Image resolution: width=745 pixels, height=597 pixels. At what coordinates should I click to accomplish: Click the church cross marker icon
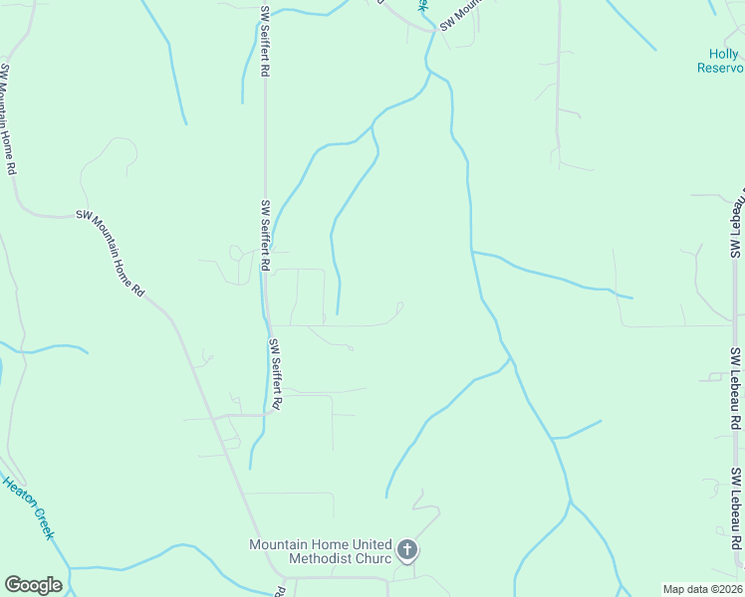(x=406, y=549)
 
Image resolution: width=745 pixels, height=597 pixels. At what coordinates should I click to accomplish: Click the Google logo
(x=33, y=584)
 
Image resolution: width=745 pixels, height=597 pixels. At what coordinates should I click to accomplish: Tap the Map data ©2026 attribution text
(x=702, y=589)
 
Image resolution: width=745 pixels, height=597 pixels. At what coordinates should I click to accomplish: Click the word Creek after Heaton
(x=44, y=523)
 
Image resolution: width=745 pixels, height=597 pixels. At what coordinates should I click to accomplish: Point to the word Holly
(x=722, y=55)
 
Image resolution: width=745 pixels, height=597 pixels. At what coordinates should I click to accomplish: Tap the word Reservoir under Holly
(x=720, y=69)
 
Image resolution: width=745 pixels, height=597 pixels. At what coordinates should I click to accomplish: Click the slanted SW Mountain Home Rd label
(x=111, y=254)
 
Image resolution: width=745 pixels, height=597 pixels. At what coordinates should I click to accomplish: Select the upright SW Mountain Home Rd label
(x=8, y=119)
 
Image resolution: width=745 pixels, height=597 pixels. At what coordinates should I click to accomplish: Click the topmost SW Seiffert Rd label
(x=266, y=41)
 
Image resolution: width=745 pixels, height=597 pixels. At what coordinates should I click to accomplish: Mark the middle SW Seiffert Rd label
(x=266, y=236)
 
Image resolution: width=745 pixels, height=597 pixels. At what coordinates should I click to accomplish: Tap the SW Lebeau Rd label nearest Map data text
(x=736, y=507)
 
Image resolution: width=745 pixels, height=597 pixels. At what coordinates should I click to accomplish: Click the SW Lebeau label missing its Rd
(x=738, y=223)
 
